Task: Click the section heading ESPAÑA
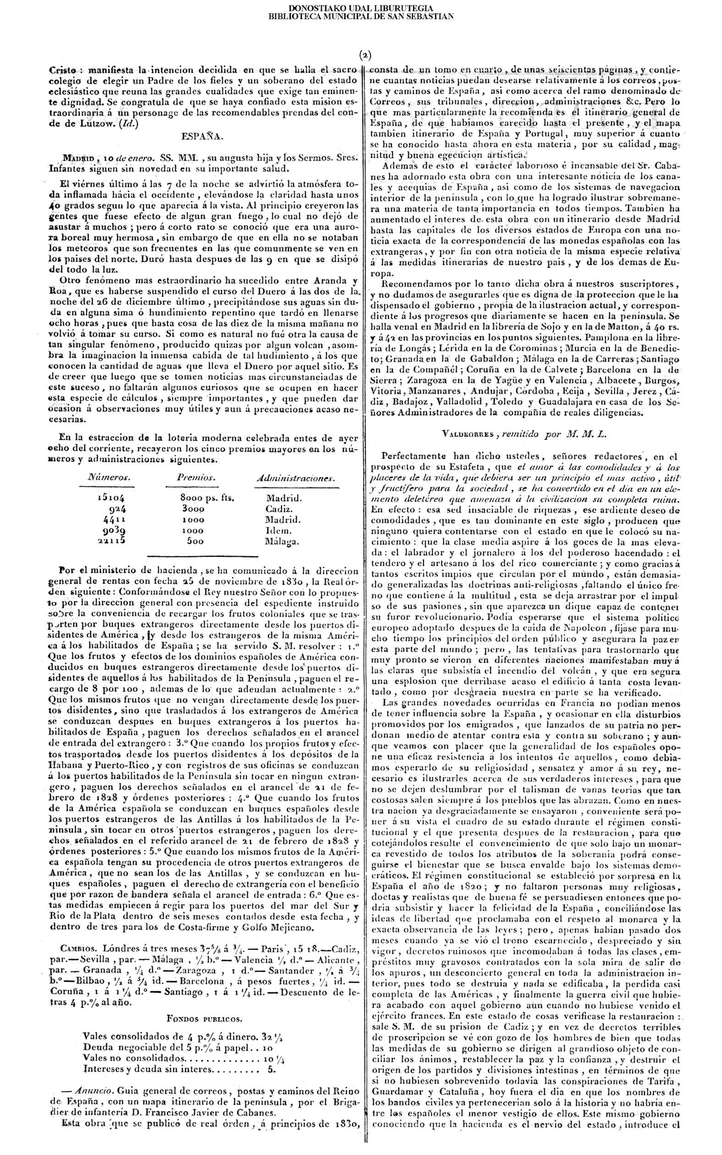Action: (x=203, y=137)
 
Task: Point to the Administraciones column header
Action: (x=296, y=478)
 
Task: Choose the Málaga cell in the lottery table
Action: (x=282, y=542)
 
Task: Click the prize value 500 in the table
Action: (x=195, y=541)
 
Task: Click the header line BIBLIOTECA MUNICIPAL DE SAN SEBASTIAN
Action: (x=360, y=16)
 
